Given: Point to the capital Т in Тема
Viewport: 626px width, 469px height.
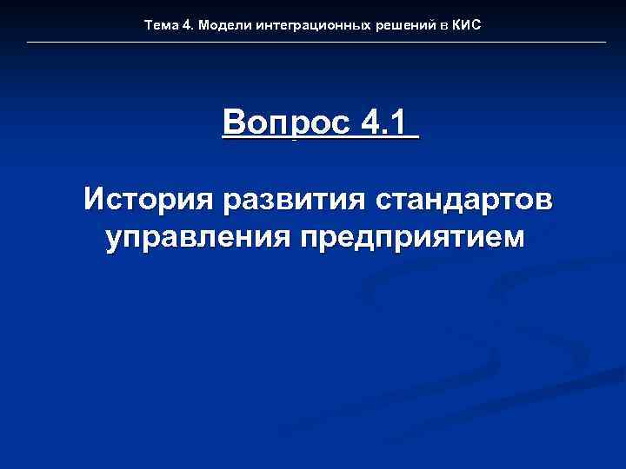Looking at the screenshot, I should click(x=149, y=26).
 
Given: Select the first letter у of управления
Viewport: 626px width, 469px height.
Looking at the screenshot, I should click(x=113, y=239).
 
